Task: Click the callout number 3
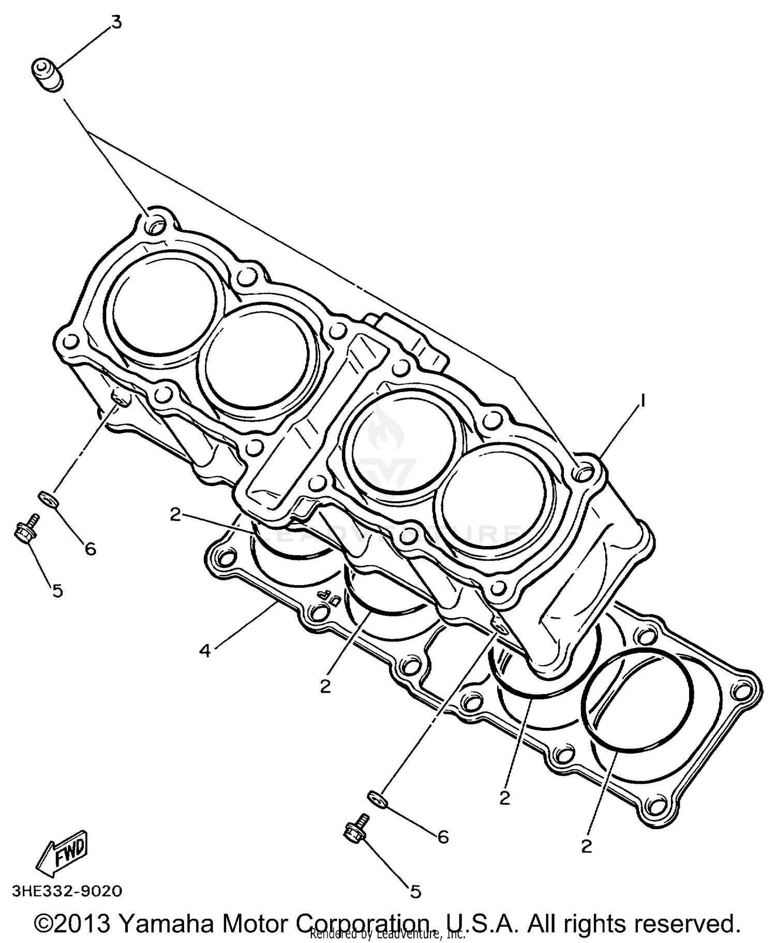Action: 117,23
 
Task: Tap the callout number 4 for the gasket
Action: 205,651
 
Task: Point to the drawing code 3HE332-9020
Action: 67,891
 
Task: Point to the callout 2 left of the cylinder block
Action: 176,515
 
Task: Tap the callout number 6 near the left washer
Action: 91,549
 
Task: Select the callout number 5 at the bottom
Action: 415,891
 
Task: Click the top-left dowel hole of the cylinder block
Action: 155,224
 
